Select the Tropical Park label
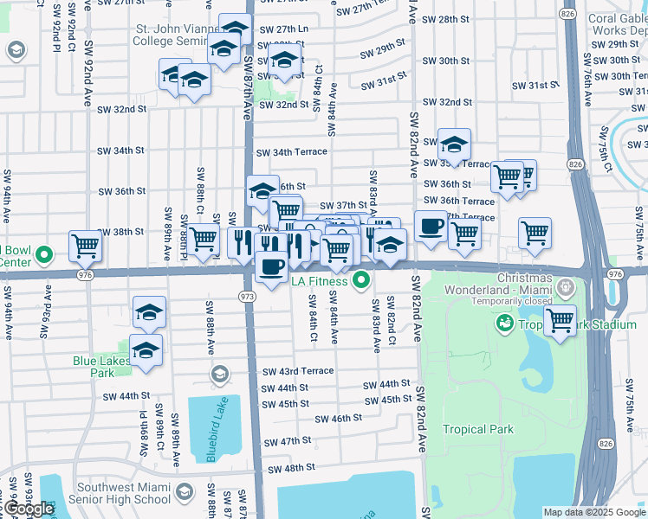click(477, 429)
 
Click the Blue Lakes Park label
click(94, 368)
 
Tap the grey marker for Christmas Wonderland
click(566, 285)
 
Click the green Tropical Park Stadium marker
click(502, 324)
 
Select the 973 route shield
click(245, 296)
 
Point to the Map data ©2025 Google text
click(593, 512)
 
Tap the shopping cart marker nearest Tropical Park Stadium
click(561, 320)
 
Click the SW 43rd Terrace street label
click(298, 371)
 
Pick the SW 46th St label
click(338, 419)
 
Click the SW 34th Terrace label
click(291, 151)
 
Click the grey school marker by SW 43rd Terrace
click(219, 375)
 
